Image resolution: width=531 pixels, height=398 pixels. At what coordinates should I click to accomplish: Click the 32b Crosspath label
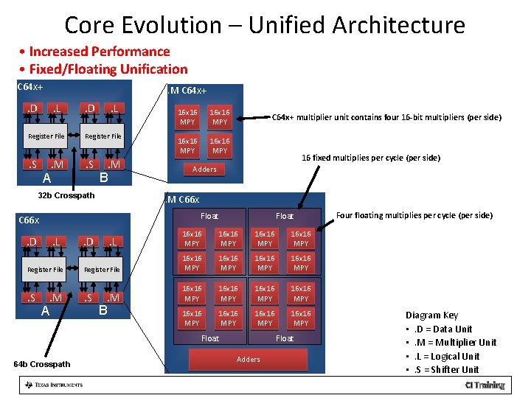coord(66,195)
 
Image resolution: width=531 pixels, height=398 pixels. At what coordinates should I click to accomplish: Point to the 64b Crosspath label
coord(43,364)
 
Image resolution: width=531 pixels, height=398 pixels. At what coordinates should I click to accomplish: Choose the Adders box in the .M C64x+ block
coord(204,170)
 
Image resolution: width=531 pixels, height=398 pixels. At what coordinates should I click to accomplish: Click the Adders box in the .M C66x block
coord(247,360)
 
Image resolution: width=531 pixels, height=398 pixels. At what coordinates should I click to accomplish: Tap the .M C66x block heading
coord(183,200)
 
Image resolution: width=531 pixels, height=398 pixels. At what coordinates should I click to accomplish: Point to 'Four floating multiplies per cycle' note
coord(414,215)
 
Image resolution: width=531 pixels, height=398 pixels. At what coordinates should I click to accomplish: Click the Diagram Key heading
coord(431,315)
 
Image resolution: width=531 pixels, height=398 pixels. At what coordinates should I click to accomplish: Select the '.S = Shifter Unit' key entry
coord(446,369)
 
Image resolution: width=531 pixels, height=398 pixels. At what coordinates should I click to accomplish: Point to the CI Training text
coord(485,385)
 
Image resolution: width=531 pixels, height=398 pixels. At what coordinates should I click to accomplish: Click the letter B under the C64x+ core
coord(103,178)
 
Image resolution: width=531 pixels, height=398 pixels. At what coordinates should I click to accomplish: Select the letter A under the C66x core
coord(45,311)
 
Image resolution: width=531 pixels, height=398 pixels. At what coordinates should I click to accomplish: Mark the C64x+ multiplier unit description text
coord(386,117)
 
